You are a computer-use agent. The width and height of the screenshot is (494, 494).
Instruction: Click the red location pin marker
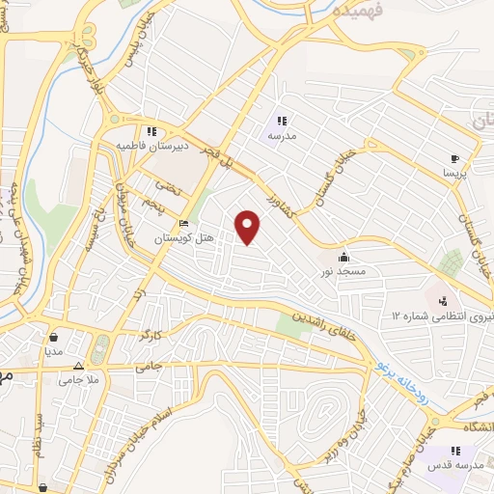249,227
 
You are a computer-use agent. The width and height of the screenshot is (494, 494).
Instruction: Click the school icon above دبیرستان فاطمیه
151,131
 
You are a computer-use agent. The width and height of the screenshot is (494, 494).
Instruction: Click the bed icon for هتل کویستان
184,225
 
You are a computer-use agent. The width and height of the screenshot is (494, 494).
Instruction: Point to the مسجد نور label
344,273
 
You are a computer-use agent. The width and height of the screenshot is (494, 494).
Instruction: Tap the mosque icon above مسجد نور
344,258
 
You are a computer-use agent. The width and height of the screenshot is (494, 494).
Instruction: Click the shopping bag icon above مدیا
53,338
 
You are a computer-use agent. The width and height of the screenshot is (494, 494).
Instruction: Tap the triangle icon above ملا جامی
79,369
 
